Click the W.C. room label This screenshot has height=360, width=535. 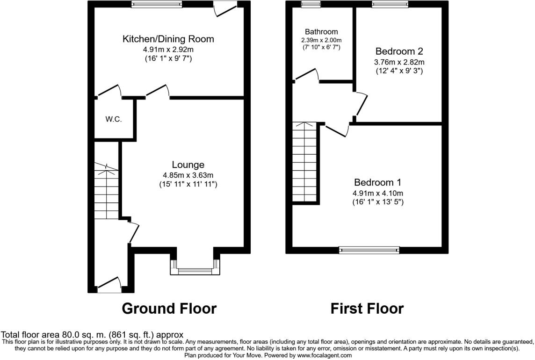114,119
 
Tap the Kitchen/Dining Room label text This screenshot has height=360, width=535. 168,39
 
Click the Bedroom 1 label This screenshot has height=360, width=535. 377,182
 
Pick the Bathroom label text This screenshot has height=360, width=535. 321,32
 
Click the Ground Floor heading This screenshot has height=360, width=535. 169,309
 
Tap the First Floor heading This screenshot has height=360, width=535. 367,309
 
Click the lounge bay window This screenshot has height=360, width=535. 195,270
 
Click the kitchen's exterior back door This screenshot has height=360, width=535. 225,9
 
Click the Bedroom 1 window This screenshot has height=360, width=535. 369,249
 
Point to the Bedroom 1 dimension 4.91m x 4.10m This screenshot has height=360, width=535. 378,193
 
